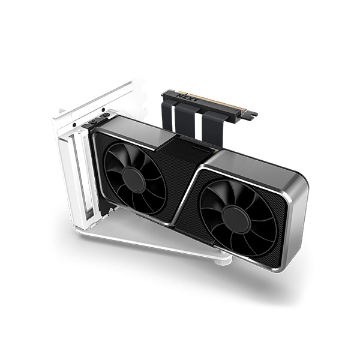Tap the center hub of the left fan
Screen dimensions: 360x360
pos(133,179)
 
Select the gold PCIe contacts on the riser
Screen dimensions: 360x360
pos(222,103)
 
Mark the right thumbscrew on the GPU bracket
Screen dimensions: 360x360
pos(106,115)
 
